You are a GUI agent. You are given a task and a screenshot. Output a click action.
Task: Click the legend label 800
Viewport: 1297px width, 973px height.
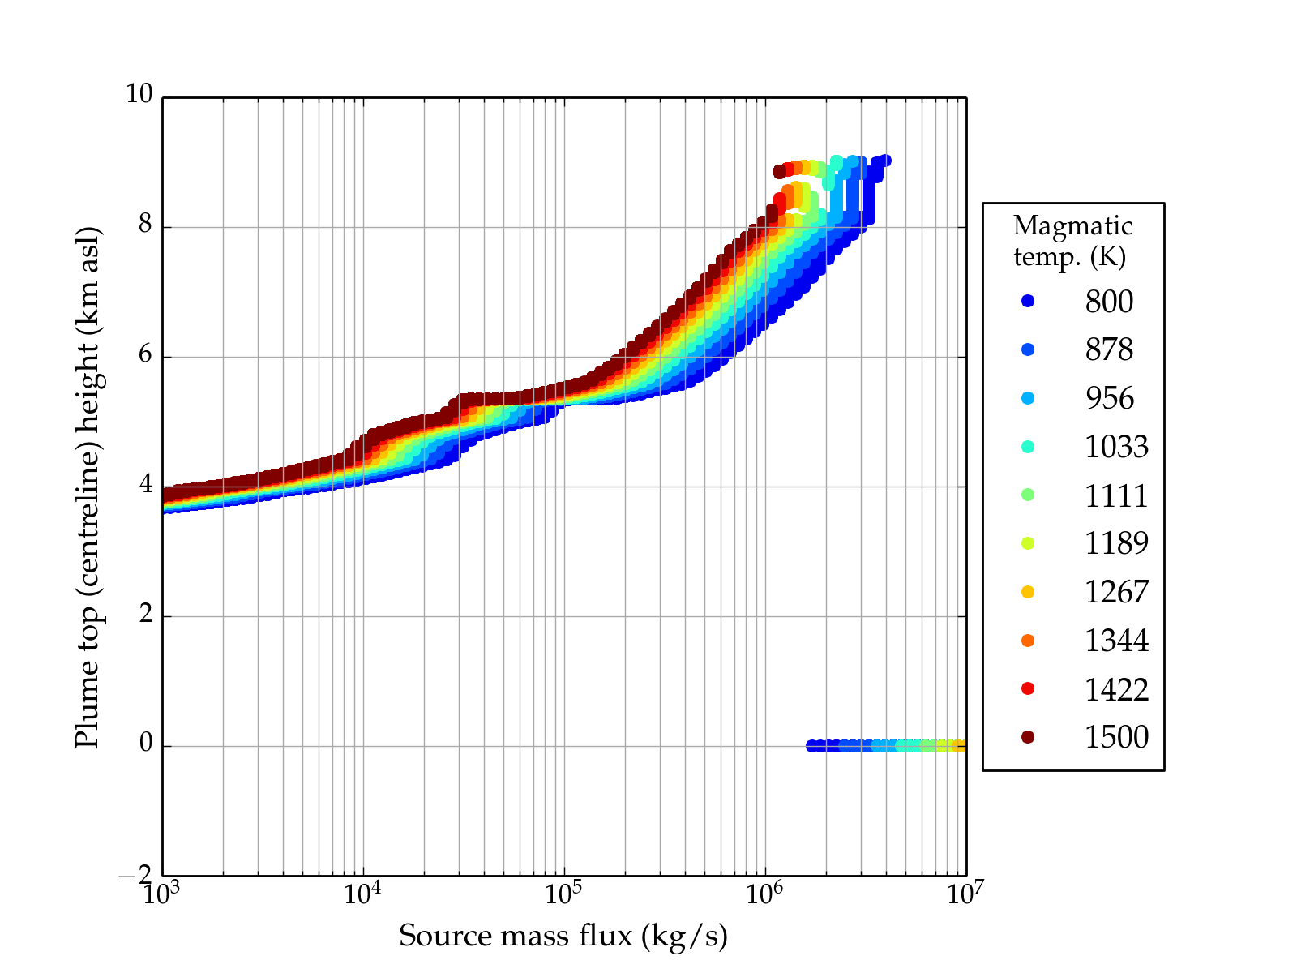[1109, 302]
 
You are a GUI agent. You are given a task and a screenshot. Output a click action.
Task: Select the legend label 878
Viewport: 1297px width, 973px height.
[1109, 349]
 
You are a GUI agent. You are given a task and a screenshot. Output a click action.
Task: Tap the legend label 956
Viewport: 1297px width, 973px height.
[1109, 398]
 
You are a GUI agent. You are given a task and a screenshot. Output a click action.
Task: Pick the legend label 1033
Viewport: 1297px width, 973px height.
[1116, 447]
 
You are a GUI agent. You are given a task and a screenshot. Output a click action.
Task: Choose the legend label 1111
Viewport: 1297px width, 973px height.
[1116, 495]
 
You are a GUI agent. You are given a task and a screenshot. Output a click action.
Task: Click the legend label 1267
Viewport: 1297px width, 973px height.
[1116, 592]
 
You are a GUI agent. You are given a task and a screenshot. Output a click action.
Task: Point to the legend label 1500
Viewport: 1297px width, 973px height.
[1116, 737]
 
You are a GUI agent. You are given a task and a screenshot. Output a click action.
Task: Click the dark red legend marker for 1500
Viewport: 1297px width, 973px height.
[1028, 737]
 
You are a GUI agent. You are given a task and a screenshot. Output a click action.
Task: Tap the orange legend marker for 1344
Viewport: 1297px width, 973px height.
[1028, 641]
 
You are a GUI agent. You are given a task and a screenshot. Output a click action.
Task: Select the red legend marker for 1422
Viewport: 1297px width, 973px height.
[1028, 688]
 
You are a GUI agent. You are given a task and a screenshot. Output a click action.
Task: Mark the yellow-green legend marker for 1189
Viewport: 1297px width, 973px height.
[1028, 543]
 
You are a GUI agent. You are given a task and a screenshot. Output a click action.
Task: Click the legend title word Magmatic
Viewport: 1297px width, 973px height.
[1072, 226]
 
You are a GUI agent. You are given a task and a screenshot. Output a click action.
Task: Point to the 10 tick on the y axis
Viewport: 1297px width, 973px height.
[139, 95]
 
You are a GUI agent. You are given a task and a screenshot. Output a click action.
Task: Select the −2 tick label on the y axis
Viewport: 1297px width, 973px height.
[135, 875]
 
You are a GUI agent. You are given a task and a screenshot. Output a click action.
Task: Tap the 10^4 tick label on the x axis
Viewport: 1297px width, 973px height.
[362, 894]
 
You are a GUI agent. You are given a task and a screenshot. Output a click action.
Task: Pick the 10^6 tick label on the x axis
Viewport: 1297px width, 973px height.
[764, 894]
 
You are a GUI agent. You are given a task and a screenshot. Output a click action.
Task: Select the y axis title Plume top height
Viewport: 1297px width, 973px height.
[88, 486]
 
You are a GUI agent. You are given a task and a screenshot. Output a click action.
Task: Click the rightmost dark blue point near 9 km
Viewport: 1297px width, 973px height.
[886, 161]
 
